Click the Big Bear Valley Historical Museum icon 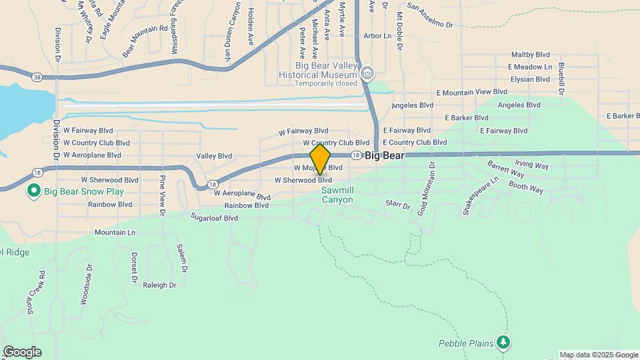[x=367, y=73]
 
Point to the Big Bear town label [x=385, y=155]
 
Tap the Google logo [x=21, y=352]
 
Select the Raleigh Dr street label [x=159, y=285]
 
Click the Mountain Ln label [x=115, y=233]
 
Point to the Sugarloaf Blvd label [x=214, y=217]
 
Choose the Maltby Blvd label [x=530, y=55]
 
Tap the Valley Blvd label [x=214, y=156]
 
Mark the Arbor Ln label [x=377, y=36]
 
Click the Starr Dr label [x=397, y=205]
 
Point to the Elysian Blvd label [x=530, y=79]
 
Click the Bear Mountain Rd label [x=145, y=39]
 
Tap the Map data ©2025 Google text [x=598, y=355]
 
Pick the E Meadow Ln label [x=530, y=67]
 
